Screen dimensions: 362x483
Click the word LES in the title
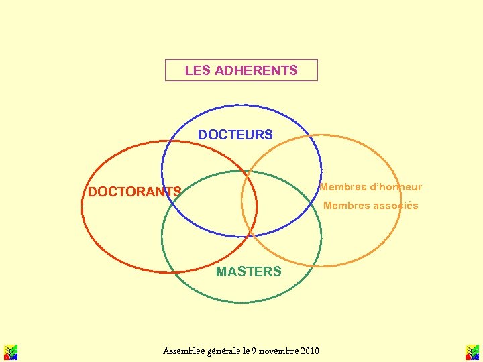(x=197, y=70)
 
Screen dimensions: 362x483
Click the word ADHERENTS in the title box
(x=256, y=70)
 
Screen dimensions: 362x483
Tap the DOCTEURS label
(x=235, y=135)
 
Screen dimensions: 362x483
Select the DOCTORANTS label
(x=134, y=192)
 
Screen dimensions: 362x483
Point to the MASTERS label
(x=249, y=271)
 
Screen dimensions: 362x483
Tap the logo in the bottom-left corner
(x=11, y=352)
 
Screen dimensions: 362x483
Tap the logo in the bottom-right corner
(x=472, y=352)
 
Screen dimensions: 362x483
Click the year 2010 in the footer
(x=309, y=351)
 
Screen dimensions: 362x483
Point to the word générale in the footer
(x=222, y=351)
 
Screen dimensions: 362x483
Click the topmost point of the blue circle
(x=241, y=105)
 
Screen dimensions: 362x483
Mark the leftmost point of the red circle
(x=82, y=207)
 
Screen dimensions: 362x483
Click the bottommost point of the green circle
(x=241, y=303)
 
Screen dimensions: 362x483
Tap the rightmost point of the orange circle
(x=402, y=200)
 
